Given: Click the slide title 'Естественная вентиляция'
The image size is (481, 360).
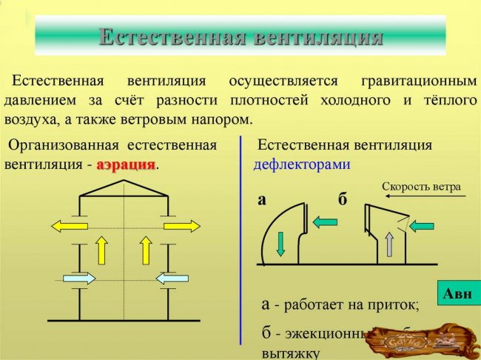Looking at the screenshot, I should click(x=240, y=36).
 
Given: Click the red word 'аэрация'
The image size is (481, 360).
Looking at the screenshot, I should click(x=126, y=164).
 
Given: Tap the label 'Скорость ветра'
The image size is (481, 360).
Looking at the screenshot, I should click(x=421, y=186).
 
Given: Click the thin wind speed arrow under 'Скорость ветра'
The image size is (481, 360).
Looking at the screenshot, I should click(x=418, y=196).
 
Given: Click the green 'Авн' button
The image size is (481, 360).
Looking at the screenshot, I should click(x=457, y=294).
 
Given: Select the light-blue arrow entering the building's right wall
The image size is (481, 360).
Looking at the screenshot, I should click(x=172, y=278).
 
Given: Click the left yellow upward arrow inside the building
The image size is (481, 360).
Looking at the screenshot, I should click(x=101, y=251).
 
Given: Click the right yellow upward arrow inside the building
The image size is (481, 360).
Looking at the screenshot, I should click(x=146, y=251).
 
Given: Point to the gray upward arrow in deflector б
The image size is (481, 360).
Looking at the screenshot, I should click(x=389, y=244).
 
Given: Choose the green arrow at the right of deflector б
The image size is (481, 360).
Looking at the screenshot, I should click(x=425, y=224).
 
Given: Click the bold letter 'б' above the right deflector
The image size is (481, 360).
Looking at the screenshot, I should click(x=342, y=200).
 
